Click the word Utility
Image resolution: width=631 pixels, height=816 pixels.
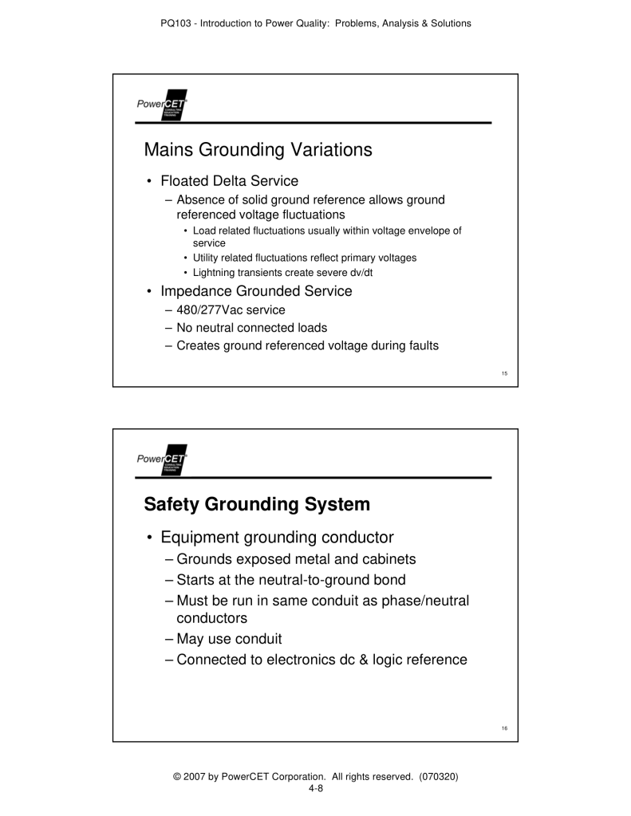[206, 258]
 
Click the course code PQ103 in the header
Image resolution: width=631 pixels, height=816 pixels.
[182, 23]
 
